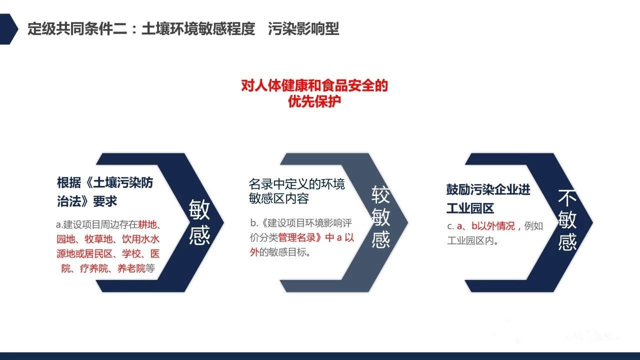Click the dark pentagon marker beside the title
8,29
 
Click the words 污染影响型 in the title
303,29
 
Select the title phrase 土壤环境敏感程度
198,29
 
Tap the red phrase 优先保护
314,101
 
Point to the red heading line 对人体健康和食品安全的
314,85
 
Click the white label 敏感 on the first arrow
199,222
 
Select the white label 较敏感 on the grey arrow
380,216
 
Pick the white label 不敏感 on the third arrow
567,219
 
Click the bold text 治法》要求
87,201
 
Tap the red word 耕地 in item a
147,224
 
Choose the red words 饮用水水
140,239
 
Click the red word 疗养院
94,268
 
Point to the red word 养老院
131,268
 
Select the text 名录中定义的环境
297,184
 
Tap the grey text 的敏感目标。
284,252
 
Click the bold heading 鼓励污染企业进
488,189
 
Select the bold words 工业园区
470,208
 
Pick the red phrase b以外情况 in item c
493,226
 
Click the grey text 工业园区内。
473,240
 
